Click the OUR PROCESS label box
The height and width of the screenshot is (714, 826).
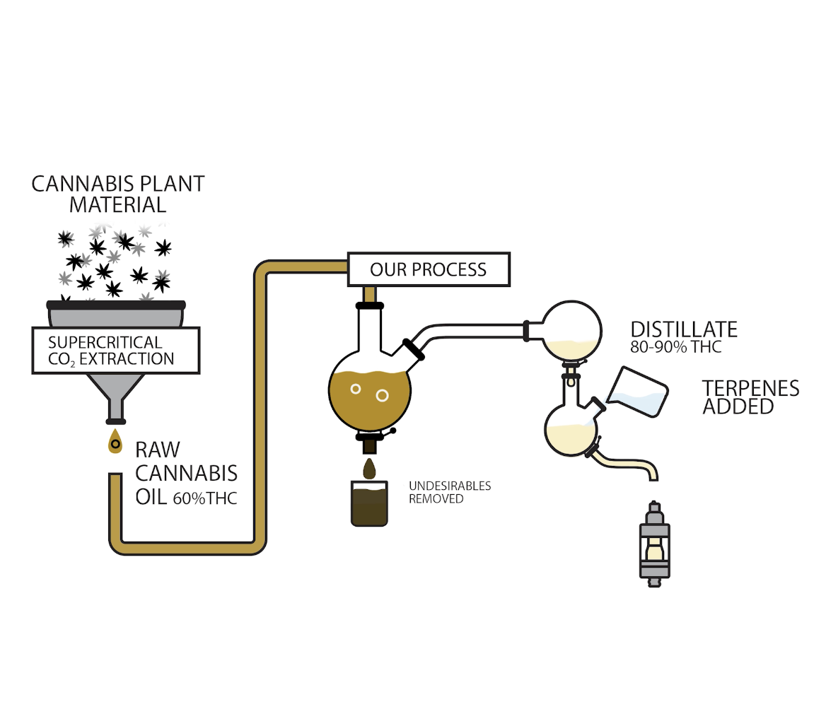[x=429, y=269]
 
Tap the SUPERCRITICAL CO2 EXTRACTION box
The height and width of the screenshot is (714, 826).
[x=116, y=350]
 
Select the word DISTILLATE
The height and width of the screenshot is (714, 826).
[x=683, y=329]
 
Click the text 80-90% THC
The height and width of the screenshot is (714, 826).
[x=675, y=348]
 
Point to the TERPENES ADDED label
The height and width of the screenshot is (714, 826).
[x=750, y=397]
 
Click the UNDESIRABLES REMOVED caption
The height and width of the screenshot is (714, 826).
[x=449, y=492]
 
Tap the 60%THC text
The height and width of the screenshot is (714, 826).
[x=205, y=498]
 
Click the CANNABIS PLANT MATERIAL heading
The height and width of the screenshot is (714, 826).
[x=118, y=194]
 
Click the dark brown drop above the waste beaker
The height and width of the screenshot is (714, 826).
[x=369, y=468]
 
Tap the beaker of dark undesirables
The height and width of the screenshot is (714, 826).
[x=369, y=504]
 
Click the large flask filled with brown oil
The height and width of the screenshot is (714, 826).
[x=369, y=392]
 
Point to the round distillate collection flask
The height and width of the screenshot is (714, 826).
[x=571, y=330]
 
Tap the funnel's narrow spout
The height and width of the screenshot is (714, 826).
[x=115, y=409]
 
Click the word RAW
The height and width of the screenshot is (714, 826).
[x=157, y=450]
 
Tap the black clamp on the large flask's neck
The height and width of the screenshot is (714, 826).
[x=369, y=305]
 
